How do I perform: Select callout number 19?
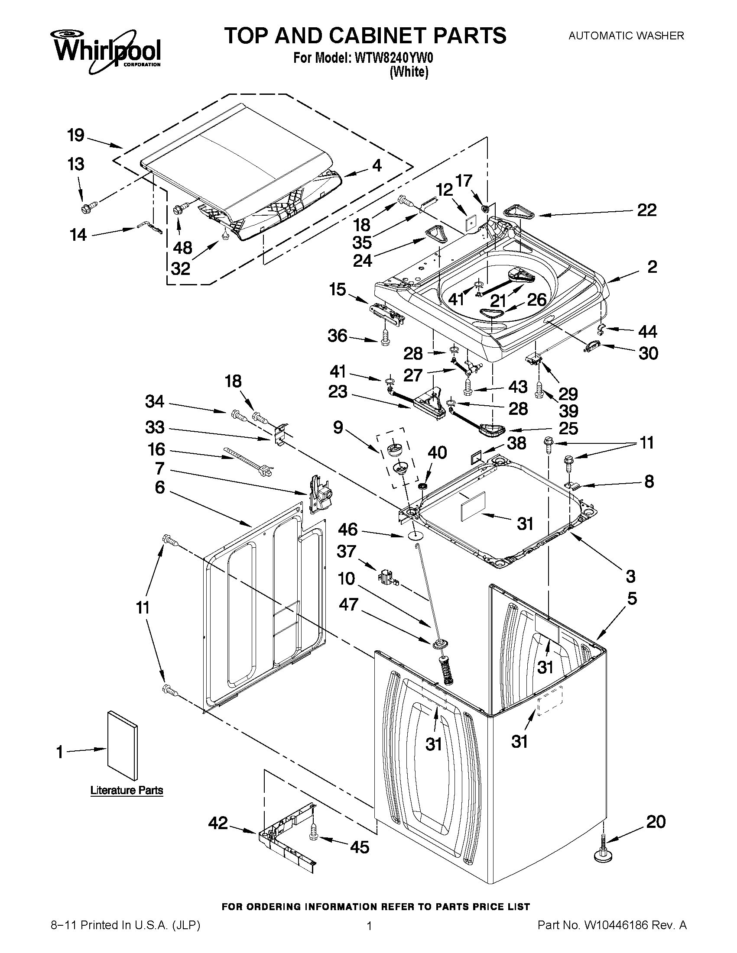[76, 135]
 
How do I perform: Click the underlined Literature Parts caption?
[127, 790]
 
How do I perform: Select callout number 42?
[218, 824]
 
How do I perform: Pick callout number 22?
[646, 210]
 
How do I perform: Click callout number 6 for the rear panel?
[160, 487]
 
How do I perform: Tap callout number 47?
[348, 604]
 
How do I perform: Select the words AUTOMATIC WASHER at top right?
[626, 36]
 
